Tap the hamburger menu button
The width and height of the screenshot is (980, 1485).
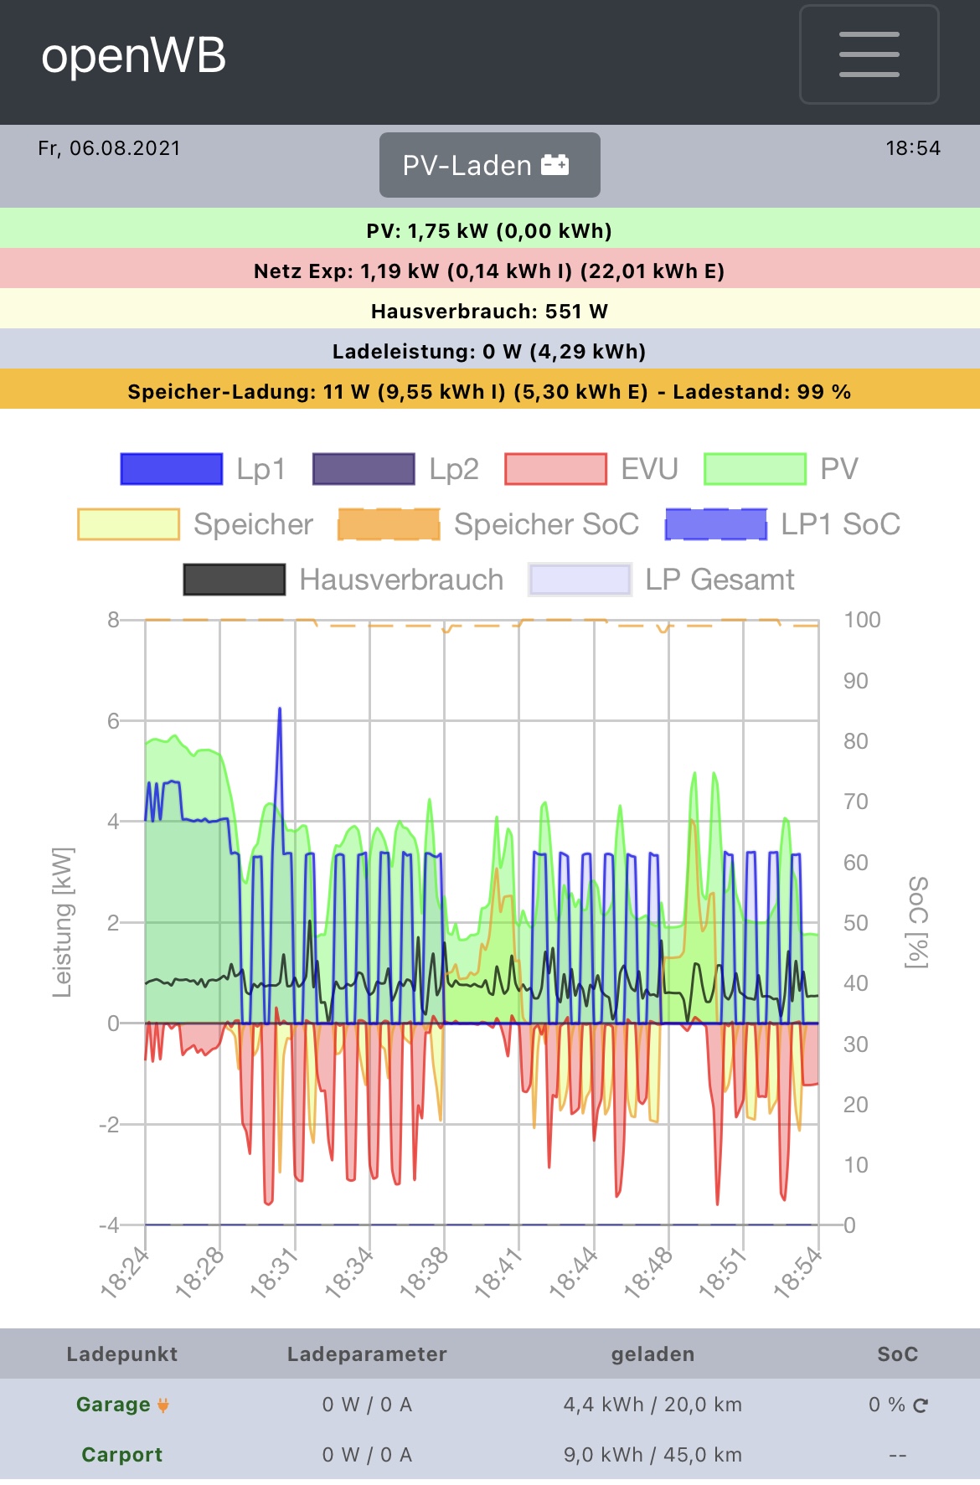click(x=869, y=55)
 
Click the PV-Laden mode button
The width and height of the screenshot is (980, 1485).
click(x=489, y=165)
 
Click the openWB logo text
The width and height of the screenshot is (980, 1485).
click(x=134, y=56)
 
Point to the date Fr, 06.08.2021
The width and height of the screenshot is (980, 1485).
click(x=109, y=148)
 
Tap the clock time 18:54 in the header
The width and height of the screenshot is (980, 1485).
click(x=913, y=148)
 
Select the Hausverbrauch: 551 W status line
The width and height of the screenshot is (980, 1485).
click(x=489, y=312)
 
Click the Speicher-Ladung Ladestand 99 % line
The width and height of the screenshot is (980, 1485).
click(x=489, y=392)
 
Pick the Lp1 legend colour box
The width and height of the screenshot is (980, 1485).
click(x=172, y=469)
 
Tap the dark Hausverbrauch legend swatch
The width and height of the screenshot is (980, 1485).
click(x=235, y=580)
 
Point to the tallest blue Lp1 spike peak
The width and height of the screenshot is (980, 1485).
click(x=280, y=710)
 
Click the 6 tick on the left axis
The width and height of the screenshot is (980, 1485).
click(x=113, y=721)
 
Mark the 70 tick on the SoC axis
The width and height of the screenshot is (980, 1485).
click(x=856, y=802)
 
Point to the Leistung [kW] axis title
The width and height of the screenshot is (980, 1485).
click(x=63, y=922)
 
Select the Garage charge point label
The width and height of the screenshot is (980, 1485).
click(x=113, y=1405)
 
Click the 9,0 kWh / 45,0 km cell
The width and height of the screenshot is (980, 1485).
click(x=652, y=1455)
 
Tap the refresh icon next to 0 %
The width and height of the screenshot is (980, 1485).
click(x=921, y=1405)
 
